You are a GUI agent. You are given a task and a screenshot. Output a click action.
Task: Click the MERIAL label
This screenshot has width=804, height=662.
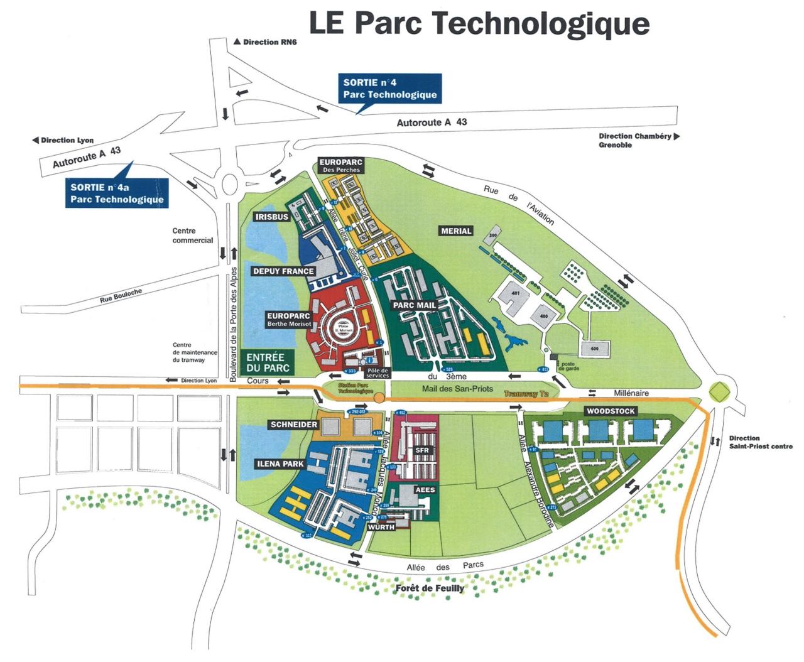[x=456, y=231]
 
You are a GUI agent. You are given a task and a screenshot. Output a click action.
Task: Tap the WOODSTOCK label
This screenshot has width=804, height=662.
[x=611, y=411]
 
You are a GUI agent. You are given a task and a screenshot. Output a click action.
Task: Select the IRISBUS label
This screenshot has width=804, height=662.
[x=272, y=217]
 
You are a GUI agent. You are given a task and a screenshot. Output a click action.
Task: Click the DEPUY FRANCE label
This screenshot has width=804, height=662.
[x=283, y=271]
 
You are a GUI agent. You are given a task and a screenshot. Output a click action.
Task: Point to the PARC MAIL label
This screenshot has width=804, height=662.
[x=415, y=305]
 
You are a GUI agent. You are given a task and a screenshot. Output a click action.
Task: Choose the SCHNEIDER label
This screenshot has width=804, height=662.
[x=294, y=425]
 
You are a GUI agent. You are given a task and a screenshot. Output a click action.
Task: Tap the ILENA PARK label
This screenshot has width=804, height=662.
[x=280, y=464]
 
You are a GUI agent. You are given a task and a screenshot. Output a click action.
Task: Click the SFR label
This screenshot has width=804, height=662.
[x=421, y=450]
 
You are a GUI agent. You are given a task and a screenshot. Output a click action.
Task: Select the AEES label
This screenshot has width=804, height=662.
[x=425, y=490]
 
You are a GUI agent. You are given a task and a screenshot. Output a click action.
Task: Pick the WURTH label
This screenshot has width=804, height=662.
[x=381, y=527]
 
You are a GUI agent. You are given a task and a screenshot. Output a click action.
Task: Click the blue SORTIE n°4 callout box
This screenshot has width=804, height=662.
[x=389, y=89]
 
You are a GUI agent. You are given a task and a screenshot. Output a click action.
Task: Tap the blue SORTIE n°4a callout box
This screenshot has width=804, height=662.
[x=117, y=193]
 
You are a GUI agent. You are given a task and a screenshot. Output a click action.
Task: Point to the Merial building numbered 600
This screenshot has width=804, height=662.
[x=594, y=349]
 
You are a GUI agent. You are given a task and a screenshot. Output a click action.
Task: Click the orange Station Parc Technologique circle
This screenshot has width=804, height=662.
[x=379, y=398]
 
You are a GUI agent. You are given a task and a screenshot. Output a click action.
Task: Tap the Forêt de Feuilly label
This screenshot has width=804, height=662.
[x=430, y=589]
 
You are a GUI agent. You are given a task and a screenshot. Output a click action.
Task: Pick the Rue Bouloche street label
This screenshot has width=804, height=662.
[x=121, y=296]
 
